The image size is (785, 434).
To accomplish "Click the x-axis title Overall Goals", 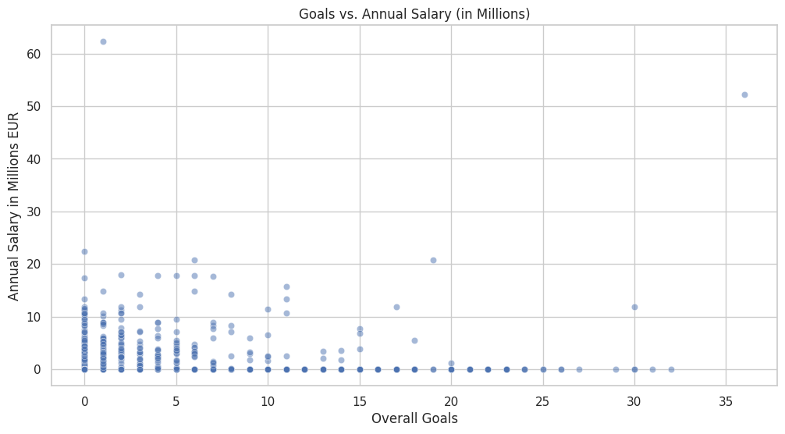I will (x=414, y=418).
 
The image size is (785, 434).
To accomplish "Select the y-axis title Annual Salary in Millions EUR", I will (x=14, y=205).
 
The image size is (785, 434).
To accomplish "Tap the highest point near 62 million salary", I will (x=103, y=41).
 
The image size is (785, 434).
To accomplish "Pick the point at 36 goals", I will (x=744, y=94).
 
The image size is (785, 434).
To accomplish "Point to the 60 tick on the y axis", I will (x=34, y=54).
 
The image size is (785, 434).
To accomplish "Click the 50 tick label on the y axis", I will (x=34, y=106).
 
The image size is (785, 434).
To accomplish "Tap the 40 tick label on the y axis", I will (x=34, y=159).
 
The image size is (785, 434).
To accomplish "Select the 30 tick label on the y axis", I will (x=34, y=212).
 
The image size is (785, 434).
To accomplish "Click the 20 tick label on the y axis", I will (x=34, y=265).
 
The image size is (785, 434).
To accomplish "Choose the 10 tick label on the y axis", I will (x=34, y=317).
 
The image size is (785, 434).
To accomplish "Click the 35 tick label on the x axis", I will (x=726, y=400).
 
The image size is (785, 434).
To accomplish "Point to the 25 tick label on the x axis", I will (x=542, y=400).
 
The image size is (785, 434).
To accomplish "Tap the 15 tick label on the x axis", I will (x=360, y=400).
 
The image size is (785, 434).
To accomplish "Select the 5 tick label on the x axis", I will (x=176, y=400).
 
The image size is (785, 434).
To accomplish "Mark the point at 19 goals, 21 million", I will (x=433, y=260).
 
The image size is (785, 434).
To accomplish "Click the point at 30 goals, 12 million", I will (x=634, y=307).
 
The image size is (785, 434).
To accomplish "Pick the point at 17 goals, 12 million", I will (x=396, y=307).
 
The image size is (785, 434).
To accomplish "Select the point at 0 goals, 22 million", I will (x=84, y=251).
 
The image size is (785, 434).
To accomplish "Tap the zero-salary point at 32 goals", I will (x=671, y=369).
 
